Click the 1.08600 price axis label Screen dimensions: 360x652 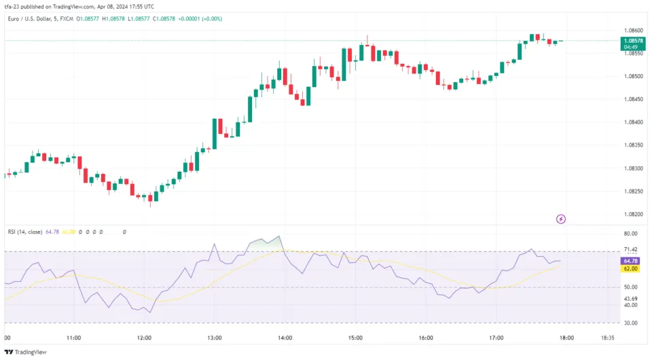[x=632, y=31]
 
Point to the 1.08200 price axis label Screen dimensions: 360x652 [x=632, y=214]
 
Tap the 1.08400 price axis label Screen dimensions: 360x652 [x=632, y=122]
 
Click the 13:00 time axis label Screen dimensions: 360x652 [x=215, y=338]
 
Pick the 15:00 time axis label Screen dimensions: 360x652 [x=355, y=338]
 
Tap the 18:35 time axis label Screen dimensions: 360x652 [x=609, y=338]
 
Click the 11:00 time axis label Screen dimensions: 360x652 [x=74, y=338]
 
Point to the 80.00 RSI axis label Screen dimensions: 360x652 [x=630, y=234]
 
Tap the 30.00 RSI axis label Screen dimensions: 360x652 [x=630, y=323]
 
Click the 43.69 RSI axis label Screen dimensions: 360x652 [x=630, y=299]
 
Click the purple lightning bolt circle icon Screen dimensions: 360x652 [x=561, y=219]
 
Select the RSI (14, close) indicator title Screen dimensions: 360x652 [x=25, y=232]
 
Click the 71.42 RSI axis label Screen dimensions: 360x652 [x=630, y=250]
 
